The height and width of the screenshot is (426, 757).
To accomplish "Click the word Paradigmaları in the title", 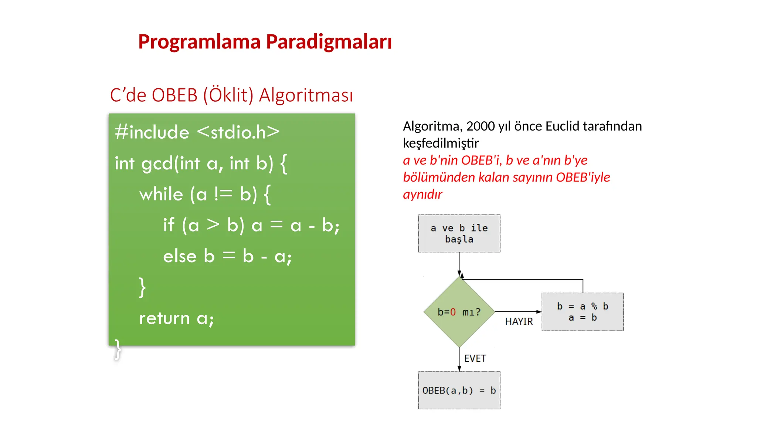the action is [329, 41].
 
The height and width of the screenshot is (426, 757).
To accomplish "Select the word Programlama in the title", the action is [199, 41].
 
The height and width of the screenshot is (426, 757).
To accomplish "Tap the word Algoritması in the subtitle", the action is [306, 95].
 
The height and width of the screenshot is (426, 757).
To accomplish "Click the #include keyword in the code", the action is [152, 132].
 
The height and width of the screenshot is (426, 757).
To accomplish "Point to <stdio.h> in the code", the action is [238, 132].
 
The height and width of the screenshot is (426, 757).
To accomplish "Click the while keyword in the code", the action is [161, 194].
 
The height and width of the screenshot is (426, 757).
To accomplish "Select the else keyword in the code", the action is [179, 256].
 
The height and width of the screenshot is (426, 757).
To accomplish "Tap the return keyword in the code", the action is [164, 318].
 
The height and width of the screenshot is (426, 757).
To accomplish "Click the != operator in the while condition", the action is [223, 194].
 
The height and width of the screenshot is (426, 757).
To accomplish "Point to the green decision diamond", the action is [459, 312].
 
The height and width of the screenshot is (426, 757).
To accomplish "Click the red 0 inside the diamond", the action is [453, 312].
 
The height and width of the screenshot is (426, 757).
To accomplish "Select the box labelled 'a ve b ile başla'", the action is [459, 233].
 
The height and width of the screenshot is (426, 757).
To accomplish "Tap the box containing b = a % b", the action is [583, 312].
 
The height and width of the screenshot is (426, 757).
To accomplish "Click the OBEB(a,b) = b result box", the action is [459, 390].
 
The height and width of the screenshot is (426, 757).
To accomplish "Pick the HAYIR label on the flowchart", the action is [519, 322].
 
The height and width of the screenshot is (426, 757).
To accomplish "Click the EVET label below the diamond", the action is [475, 358].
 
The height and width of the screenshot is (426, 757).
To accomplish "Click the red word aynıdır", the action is [422, 195].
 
